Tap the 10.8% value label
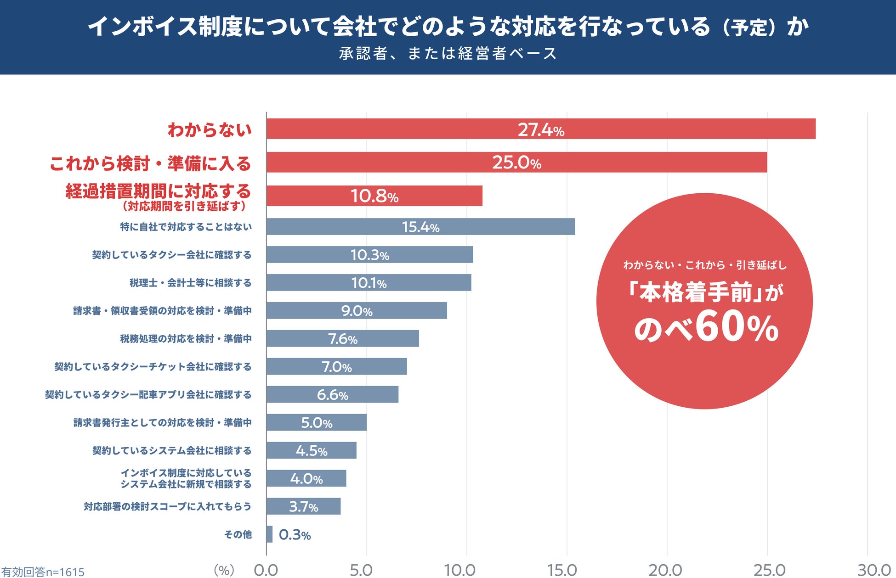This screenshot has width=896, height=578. tap(374, 196)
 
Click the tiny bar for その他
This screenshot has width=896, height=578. tap(269, 534)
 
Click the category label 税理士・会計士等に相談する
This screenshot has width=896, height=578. tap(190, 283)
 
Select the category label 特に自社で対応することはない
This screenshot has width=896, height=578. tap(186, 227)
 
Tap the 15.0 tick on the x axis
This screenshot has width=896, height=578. tap(562, 570)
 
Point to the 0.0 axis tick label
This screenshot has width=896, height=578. tap(266, 570)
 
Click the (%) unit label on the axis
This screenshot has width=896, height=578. tap(224, 570)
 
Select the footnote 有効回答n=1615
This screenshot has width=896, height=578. tap(43, 572)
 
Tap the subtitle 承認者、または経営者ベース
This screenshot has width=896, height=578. tap(448, 54)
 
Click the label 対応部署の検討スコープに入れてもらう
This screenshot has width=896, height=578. tap(167, 506)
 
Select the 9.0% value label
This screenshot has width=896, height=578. tap(357, 311)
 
